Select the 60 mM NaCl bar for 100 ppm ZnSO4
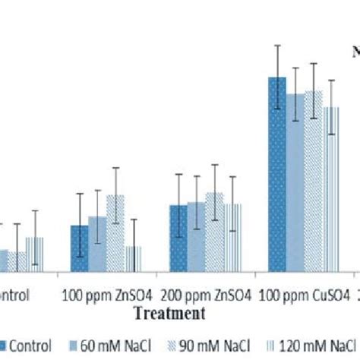(x=97, y=244)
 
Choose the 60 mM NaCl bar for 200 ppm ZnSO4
(x=195, y=236)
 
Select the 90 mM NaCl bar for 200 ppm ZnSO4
(x=214, y=232)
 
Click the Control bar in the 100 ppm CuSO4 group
(x=276, y=174)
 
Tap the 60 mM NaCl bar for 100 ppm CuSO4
(x=295, y=182)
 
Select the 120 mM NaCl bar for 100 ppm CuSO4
(x=331, y=189)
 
